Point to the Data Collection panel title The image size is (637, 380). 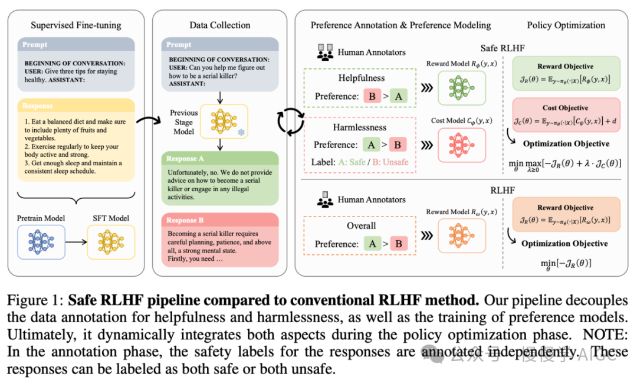click(x=219, y=25)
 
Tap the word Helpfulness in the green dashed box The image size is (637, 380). click(x=361, y=78)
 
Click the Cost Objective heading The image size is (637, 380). click(x=565, y=108)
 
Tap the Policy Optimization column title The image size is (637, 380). click(x=566, y=25)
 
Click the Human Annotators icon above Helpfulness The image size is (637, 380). click(x=324, y=52)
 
